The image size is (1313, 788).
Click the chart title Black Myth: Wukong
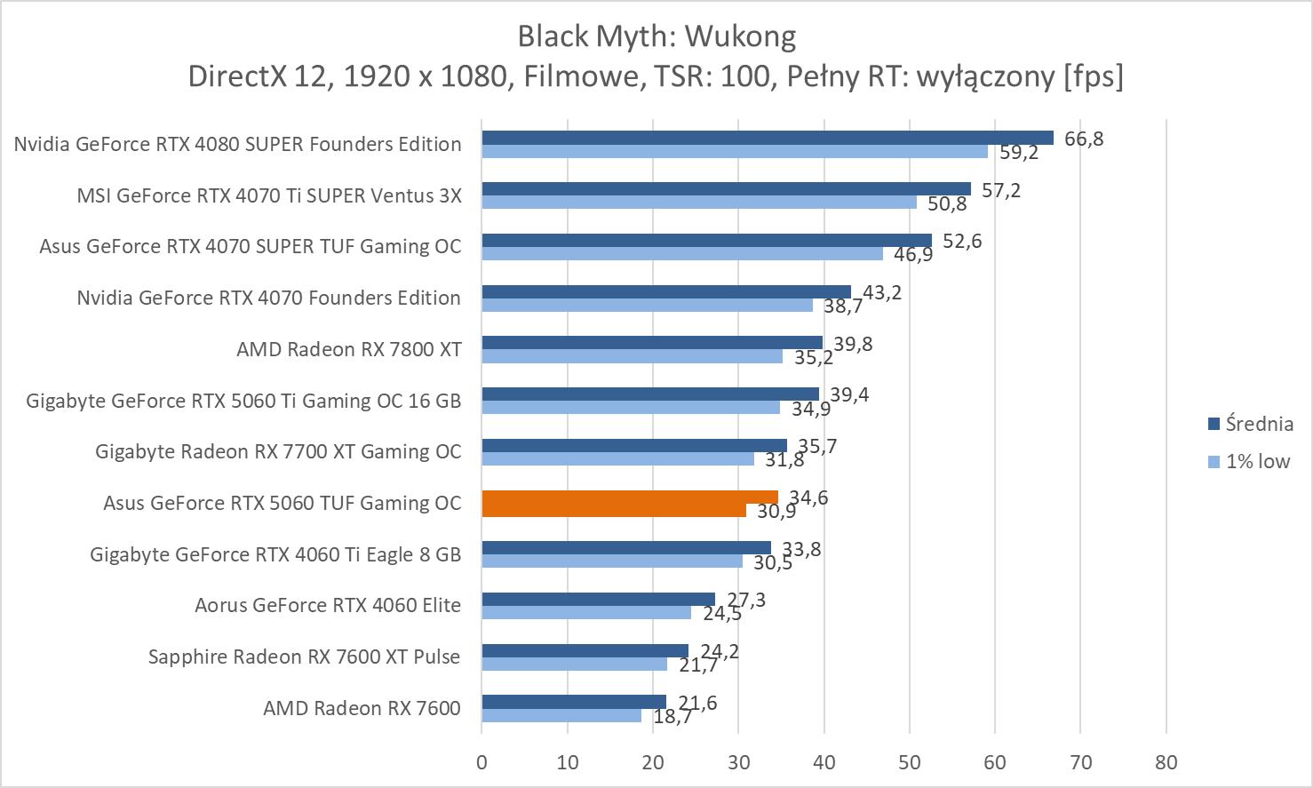click(656, 36)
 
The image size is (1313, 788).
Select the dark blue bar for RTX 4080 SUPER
click(767, 138)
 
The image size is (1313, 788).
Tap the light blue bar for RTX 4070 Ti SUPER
click(698, 203)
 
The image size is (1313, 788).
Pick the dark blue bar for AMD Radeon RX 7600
click(573, 702)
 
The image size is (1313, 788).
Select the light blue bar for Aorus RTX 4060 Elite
click(585, 612)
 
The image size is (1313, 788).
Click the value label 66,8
click(1083, 139)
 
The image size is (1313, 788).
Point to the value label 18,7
click(672, 716)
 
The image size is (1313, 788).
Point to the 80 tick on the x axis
click(1166, 762)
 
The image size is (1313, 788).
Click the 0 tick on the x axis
click(481, 762)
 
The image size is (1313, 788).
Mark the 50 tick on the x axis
click(909, 762)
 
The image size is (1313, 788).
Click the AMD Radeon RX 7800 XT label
click(348, 349)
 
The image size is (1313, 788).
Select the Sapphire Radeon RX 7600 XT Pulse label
click(304, 657)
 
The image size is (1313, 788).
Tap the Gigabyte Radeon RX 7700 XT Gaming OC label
click(278, 451)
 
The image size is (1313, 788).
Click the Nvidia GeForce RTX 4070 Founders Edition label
click(268, 298)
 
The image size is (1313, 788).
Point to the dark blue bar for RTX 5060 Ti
click(649, 394)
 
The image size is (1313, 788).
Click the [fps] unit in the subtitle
click(1093, 76)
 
